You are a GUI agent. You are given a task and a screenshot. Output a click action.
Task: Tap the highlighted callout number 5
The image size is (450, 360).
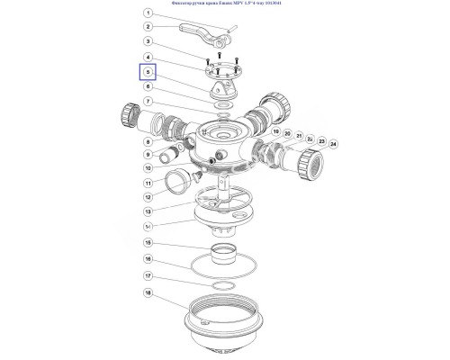148,73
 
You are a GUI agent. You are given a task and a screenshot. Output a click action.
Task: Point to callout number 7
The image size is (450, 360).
148,102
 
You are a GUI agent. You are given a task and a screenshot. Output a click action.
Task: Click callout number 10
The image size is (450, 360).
148,168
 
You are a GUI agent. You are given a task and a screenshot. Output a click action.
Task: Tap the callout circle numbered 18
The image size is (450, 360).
148,292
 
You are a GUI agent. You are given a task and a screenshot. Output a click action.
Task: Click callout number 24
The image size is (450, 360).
333,144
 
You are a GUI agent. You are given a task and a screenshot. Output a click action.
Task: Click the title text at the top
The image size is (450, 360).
225,4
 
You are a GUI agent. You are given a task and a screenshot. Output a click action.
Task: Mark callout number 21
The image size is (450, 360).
298,138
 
